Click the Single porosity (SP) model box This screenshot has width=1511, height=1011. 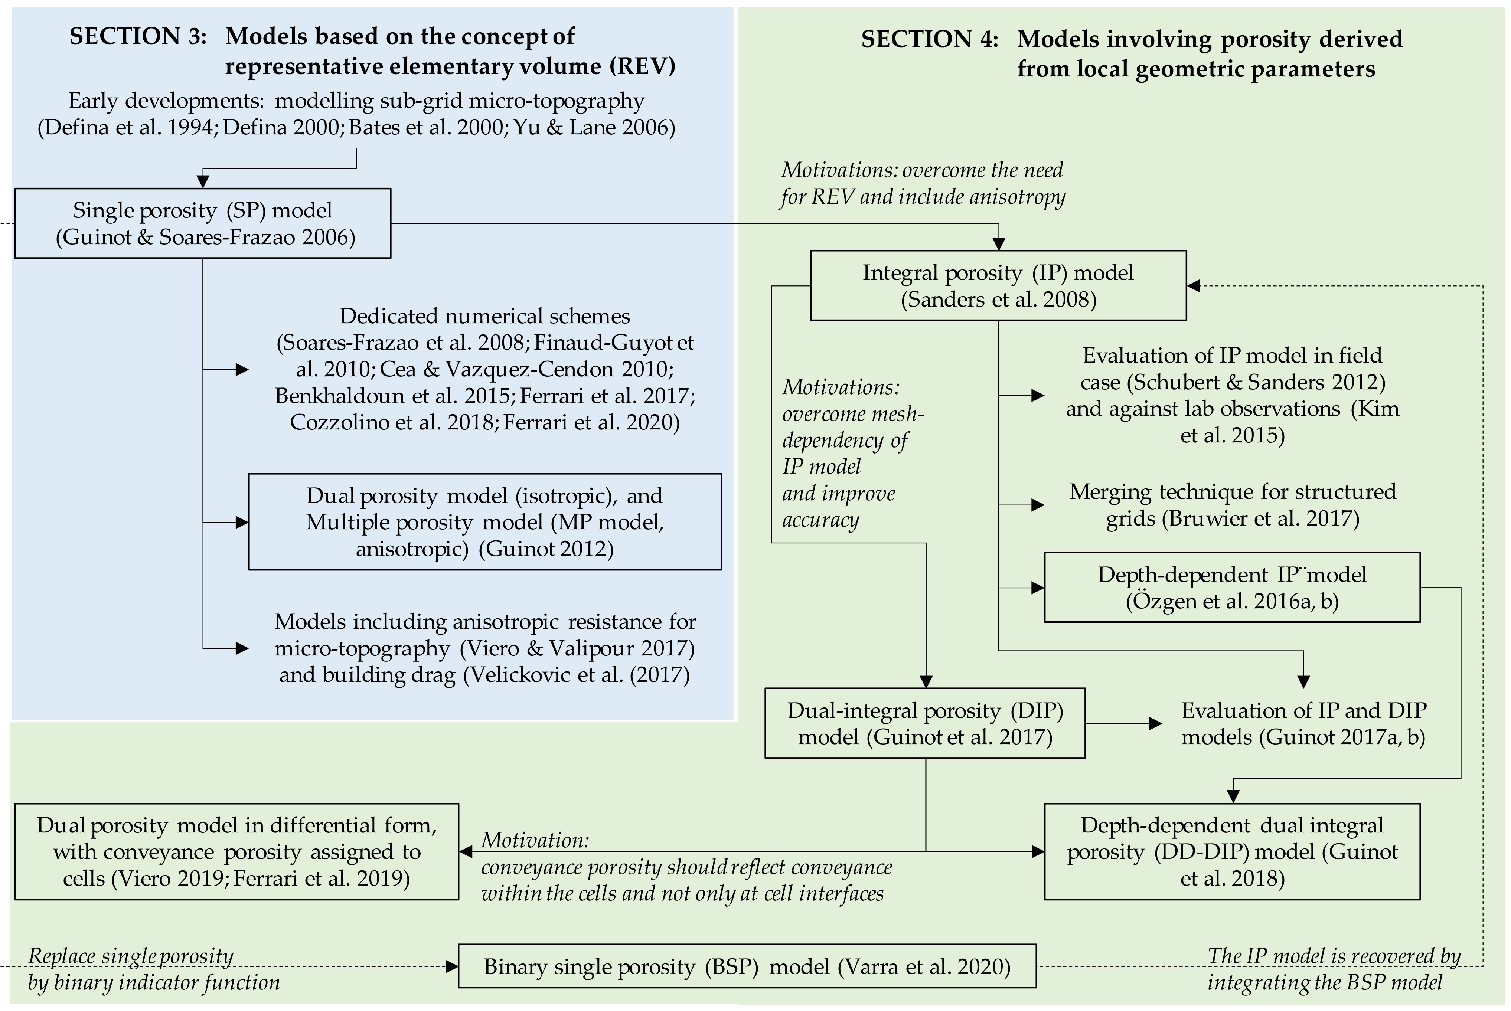pyautogui.click(x=202, y=223)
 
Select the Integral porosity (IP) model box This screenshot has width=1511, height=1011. pyautogui.click(x=998, y=285)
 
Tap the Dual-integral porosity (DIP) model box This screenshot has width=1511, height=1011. pyautogui.click(x=925, y=723)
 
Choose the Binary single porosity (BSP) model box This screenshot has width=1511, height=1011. pyautogui.click(x=747, y=966)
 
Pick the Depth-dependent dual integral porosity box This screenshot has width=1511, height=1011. pyautogui.click(x=1232, y=851)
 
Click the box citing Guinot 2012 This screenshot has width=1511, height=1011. pyautogui.click(x=484, y=521)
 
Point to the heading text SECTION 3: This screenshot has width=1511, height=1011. pyautogui.click(x=138, y=36)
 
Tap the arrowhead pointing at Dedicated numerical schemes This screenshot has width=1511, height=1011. pyautogui.click(x=242, y=369)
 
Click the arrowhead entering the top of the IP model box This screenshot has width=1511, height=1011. pyautogui.click(x=998, y=244)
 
